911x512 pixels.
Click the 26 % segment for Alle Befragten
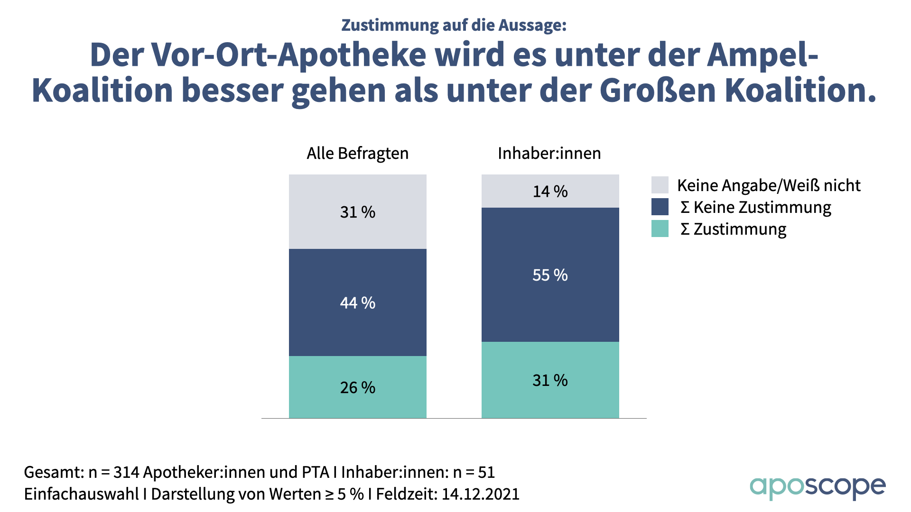[357, 387]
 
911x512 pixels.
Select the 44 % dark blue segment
[357, 302]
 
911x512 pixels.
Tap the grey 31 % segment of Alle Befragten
[357, 211]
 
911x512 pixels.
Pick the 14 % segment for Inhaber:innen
[550, 191]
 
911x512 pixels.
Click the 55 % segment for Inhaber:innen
[550, 274]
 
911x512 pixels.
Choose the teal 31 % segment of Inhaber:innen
[550, 380]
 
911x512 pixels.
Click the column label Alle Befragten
[357, 153]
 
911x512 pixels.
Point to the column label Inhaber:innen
[549, 153]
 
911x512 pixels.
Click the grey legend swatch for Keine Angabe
[660, 185]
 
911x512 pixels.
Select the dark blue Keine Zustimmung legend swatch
[660, 207]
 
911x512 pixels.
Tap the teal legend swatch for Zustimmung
[660, 229]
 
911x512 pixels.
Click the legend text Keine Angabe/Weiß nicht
[768, 185]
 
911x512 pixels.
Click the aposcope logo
[817, 487]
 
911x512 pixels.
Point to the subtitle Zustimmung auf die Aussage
[454, 25]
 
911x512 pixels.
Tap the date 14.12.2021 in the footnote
[480, 494]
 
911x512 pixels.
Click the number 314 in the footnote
[126, 472]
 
